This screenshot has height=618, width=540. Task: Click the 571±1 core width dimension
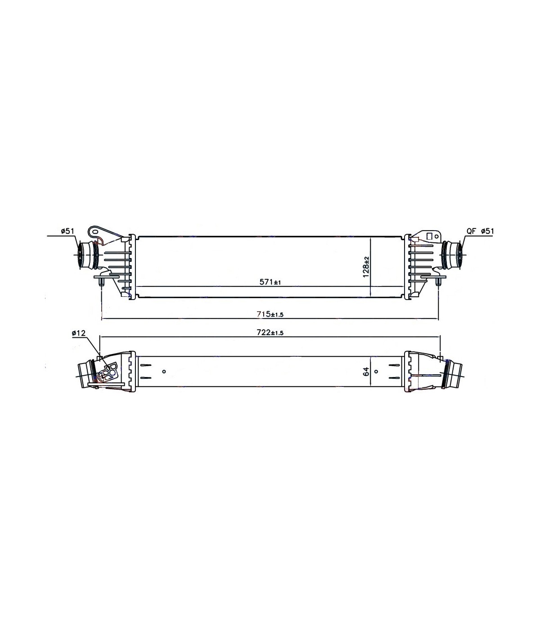click(270, 282)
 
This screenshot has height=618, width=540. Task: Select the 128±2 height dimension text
click(366, 267)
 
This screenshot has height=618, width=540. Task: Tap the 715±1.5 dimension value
click(270, 314)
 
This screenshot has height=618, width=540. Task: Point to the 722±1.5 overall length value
click(270, 332)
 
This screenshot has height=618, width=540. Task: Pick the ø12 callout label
click(79, 333)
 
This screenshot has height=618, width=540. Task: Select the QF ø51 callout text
click(480, 231)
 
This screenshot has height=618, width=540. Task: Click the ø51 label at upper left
click(67, 231)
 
